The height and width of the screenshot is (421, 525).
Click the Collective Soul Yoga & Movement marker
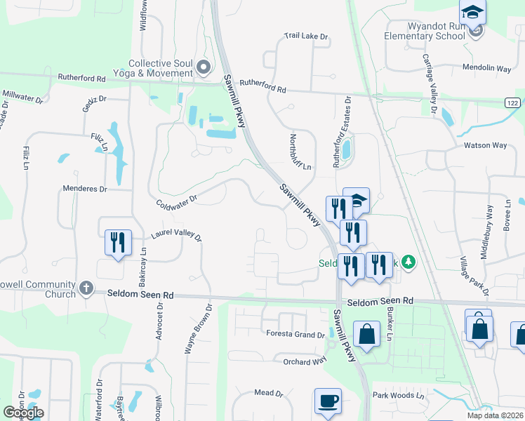pyautogui.click(x=204, y=68)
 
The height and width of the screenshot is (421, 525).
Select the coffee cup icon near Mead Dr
pyautogui.click(x=328, y=402)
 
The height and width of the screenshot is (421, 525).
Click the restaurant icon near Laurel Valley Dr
pyautogui.click(x=117, y=243)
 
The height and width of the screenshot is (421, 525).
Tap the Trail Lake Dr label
pyautogui.click(x=307, y=35)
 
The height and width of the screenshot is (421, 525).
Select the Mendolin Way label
pyautogui.click(x=486, y=68)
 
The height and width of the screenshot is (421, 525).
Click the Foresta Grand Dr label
pyautogui.click(x=294, y=335)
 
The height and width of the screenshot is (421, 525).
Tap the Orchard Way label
pyautogui.click(x=305, y=361)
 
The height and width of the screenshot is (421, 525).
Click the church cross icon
pyautogui.click(x=86, y=288)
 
